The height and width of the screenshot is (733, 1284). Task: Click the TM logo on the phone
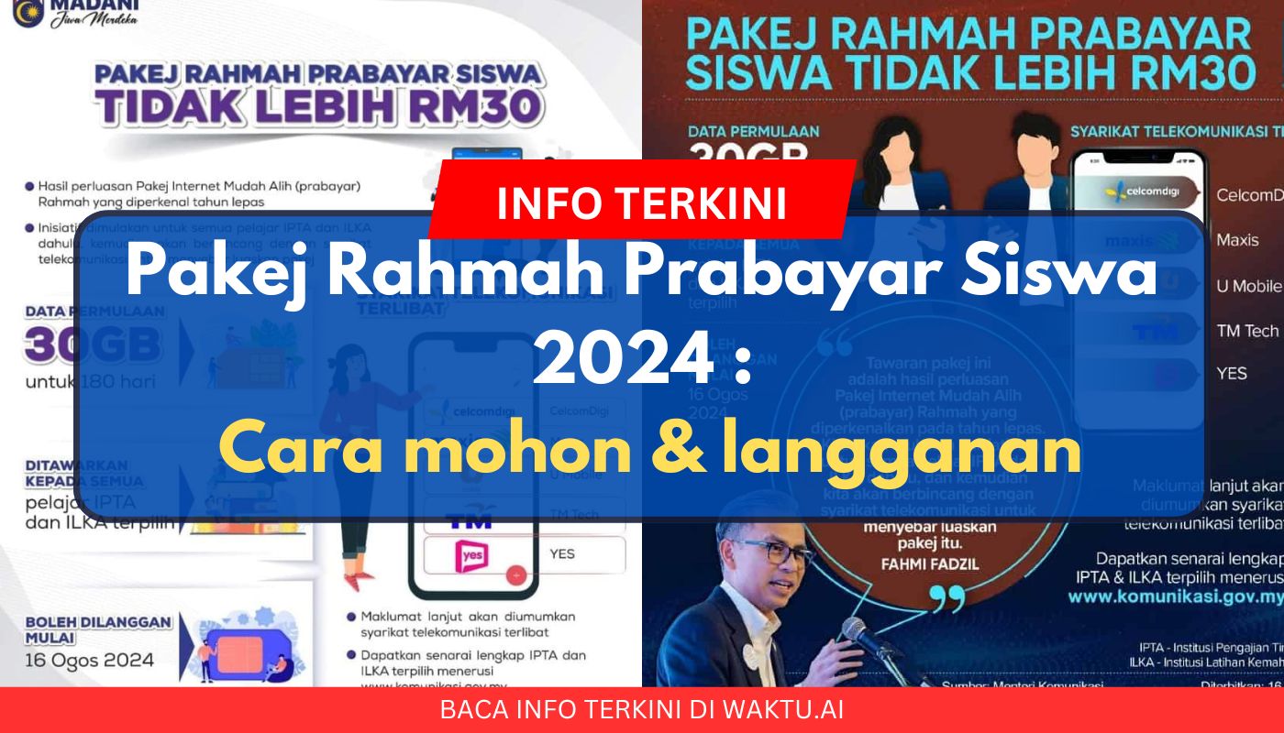pos(470,520)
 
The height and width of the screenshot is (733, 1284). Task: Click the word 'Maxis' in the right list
pos(1236,240)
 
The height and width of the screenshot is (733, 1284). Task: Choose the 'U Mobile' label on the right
pos(1248,286)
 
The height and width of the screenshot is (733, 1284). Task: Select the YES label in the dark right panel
pos(1232,374)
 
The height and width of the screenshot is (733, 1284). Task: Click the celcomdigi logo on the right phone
pos(1141,194)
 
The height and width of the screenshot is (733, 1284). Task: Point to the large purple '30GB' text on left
pos(95,345)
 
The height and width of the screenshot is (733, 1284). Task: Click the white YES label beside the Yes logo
pos(562,553)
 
